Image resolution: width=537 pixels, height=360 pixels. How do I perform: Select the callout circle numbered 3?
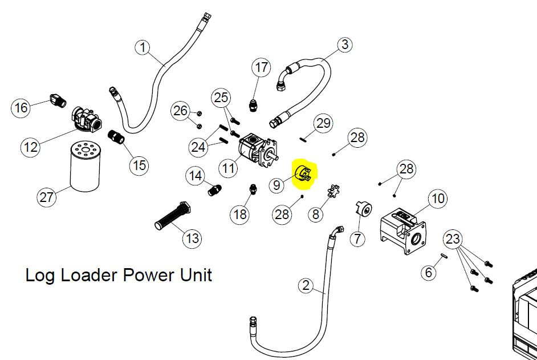tap(344, 45)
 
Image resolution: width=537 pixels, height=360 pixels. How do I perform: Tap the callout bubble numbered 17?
tap(261, 68)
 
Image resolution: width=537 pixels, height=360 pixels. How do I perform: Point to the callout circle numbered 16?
tap(21, 107)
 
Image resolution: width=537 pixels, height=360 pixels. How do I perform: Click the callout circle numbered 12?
tap(31, 147)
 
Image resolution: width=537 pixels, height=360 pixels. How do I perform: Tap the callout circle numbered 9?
tap(276, 185)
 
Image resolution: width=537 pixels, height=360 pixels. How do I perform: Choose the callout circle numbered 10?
tap(437, 199)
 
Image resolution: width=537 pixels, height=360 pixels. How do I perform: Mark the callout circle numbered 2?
tap(306, 286)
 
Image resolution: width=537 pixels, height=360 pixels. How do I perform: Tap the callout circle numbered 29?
tap(323, 123)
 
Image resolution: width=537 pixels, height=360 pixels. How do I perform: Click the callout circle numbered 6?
tap(430, 273)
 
